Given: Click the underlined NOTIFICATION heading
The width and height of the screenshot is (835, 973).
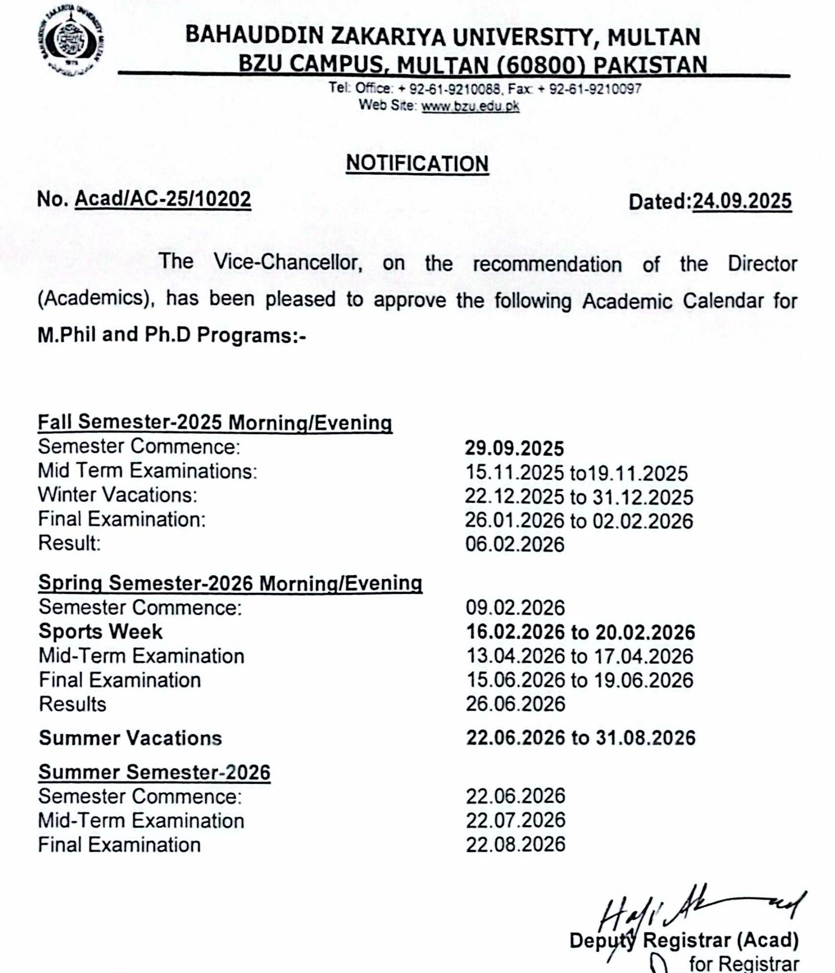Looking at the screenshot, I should [x=417, y=164].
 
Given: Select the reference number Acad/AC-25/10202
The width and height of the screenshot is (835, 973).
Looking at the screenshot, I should [x=162, y=199].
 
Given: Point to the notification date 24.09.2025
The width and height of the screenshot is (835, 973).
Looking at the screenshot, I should [x=742, y=201].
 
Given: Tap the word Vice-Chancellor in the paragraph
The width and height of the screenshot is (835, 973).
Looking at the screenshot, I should [x=288, y=263].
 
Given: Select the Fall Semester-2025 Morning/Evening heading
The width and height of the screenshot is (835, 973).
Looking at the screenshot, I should [x=215, y=422].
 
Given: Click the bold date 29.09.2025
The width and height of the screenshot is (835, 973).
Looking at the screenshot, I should [x=514, y=449].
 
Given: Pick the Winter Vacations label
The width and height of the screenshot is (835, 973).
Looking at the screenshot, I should [x=117, y=495].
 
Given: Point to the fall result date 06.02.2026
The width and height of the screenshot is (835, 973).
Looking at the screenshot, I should [x=515, y=544].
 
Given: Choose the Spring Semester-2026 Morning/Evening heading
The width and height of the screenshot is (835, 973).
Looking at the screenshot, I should [x=230, y=583].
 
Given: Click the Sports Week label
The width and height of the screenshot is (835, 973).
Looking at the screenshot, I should [x=100, y=632].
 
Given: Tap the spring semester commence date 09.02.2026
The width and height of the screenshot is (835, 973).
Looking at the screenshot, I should [x=515, y=607].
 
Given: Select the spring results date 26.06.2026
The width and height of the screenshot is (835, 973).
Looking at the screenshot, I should [x=515, y=704].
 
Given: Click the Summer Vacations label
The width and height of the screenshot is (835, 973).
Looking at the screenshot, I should [x=130, y=738].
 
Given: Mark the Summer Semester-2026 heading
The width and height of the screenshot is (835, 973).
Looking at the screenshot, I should [x=154, y=772].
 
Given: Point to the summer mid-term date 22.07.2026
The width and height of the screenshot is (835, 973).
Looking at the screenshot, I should [x=515, y=820].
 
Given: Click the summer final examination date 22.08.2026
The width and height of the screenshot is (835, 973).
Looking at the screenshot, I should [x=515, y=844].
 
